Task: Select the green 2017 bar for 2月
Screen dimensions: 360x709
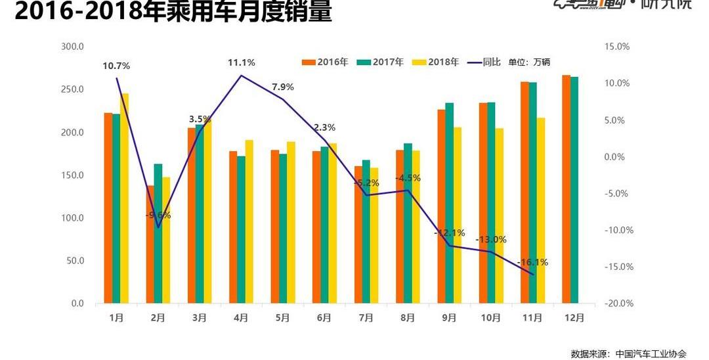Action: coord(158,234)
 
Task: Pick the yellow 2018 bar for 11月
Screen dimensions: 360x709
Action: coord(541,210)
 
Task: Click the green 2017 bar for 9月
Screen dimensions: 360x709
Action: coord(450,203)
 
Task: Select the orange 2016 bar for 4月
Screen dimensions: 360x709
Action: coord(233,227)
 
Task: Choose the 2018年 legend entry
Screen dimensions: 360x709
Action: coord(436,62)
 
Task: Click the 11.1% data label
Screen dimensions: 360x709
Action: coord(241,62)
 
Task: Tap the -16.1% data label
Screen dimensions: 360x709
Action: coord(532,262)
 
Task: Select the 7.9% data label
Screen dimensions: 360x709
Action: coord(283,87)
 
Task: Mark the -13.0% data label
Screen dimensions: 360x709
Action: coord(491,239)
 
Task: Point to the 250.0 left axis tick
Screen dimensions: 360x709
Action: coord(73,89)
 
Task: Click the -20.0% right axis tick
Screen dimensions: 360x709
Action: coord(617,304)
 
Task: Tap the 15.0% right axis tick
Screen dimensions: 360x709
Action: coord(617,47)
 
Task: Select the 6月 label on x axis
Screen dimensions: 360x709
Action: coord(324,317)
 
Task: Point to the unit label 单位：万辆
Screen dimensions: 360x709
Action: coord(529,62)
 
